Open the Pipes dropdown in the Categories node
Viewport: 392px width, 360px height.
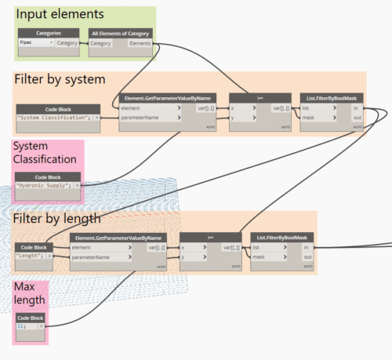point(35,43)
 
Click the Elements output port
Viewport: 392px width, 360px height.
point(141,43)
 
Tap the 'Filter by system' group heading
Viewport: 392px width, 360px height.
point(60,80)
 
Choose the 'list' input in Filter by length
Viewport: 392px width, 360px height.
point(258,246)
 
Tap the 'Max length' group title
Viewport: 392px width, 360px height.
point(26,293)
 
